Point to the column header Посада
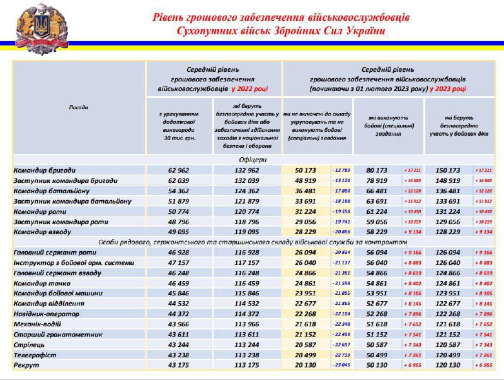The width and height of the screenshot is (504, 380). [78, 107]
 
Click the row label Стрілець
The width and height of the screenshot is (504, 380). [29, 344]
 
